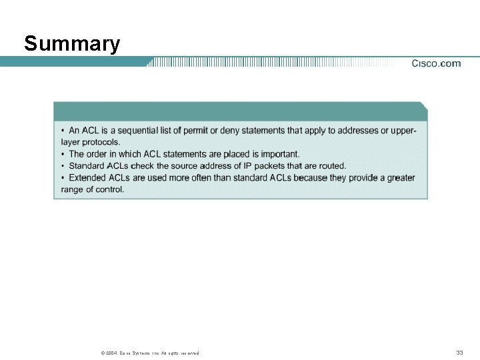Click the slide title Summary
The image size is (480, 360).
point(72,44)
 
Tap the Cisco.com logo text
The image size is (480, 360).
point(436,64)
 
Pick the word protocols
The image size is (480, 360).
point(101,142)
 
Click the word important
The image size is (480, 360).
point(279,154)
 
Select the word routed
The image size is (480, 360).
point(331,165)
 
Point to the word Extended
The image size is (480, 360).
point(87,177)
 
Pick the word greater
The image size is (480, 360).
point(399,177)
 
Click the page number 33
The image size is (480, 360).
point(459,352)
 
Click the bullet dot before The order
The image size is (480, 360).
point(63,154)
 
